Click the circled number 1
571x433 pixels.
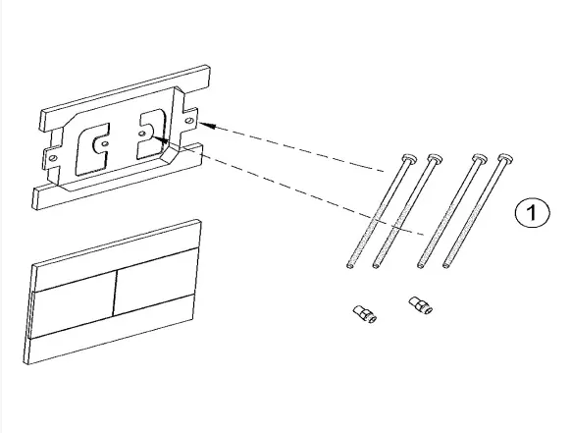pos(533,212)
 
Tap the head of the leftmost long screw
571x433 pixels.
pos(409,158)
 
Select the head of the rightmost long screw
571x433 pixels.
pos(505,158)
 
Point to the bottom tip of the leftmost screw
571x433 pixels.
pos(350,266)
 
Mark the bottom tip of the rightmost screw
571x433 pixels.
pos(446,266)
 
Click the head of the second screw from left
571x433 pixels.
pos(435,158)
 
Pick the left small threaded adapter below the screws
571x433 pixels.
pos(365,314)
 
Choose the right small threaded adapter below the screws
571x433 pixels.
pos(421,305)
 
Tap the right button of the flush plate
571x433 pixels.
pos(155,282)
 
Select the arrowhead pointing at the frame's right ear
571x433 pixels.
pos(207,126)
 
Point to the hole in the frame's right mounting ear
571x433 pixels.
pos(189,120)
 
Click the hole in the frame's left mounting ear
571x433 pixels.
pos(53,158)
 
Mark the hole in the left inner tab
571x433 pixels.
pos(105,143)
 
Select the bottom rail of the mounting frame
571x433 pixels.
pos(118,176)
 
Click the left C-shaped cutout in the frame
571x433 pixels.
pos(91,149)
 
